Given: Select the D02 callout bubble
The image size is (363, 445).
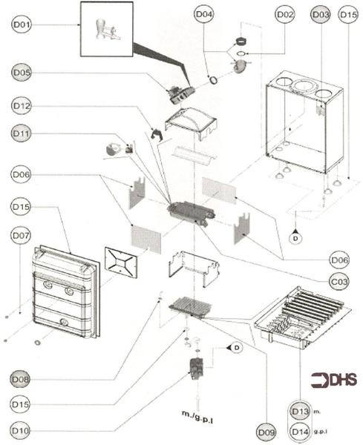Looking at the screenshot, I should [x=285, y=14].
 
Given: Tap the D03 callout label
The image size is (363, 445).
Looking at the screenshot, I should [x=321, y=14].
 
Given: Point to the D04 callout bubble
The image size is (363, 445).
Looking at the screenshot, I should [x=204, y=14].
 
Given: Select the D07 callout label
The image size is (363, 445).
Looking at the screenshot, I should [x=21, y=236].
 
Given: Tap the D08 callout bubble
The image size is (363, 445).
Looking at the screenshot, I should [x=21, y=378].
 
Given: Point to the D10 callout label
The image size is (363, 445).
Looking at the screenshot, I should [x=21, y=429].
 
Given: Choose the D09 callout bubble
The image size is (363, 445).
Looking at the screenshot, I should [x=265, y=429].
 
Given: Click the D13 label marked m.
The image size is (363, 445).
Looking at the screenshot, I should [x=300, y=411].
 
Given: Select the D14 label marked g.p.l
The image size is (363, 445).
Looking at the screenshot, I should [x=300, y=429].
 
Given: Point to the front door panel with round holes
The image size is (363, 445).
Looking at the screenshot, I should [x=65, y=293].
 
